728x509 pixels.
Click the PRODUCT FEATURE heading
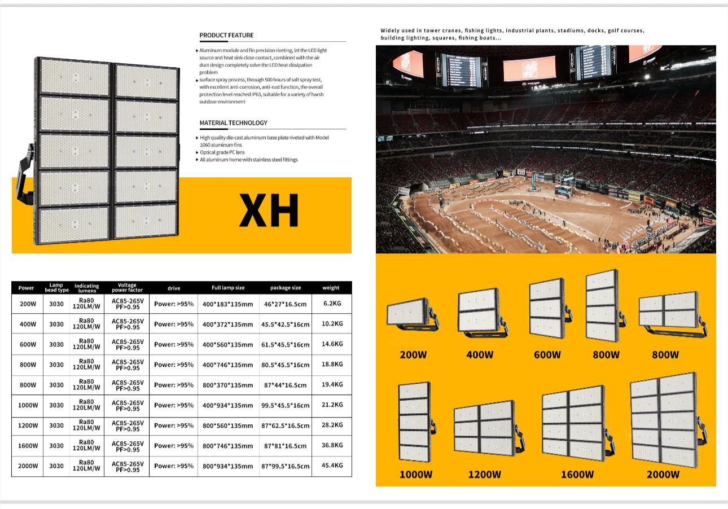tap(226, 35)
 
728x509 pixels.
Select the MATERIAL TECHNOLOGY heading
tap(233, 123)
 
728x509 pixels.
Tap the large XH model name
tap(269, 210)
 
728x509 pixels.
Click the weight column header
tap(331, 288)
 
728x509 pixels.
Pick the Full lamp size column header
tap(228, 288)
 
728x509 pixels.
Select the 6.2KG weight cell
tap(332, 303)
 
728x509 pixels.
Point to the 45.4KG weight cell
tap(332, 465)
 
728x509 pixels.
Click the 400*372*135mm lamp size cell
tap(227, 324)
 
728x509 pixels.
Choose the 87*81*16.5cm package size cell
tap(285, 446)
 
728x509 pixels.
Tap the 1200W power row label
tap(28, 425)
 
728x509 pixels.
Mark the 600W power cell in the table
tap(28, 344)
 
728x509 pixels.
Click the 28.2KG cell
tap(332, 425)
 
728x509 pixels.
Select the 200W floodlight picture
tap(412, 315)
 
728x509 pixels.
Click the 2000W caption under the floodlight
tap(663, 475)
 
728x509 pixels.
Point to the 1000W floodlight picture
tap(416, 422)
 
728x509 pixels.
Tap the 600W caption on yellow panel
tap(547, 354)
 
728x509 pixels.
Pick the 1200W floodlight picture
tap(489, 428)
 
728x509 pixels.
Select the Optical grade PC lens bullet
tap(222, 152)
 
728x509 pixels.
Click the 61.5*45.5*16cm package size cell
tap(285, 345)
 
